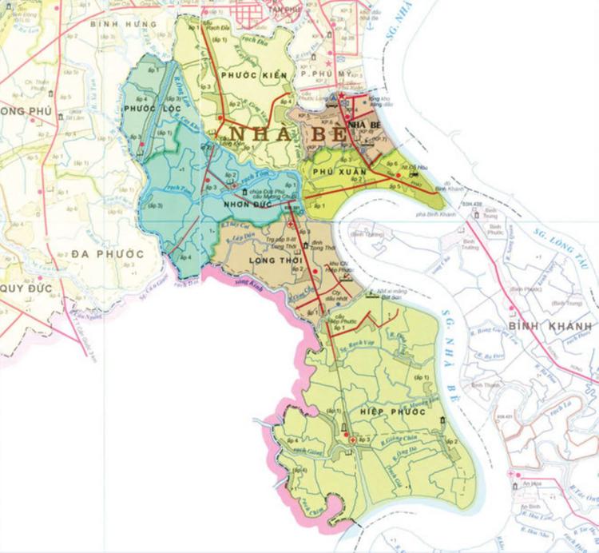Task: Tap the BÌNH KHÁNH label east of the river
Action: pos(555,328)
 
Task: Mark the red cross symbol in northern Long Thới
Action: pos(291,225)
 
